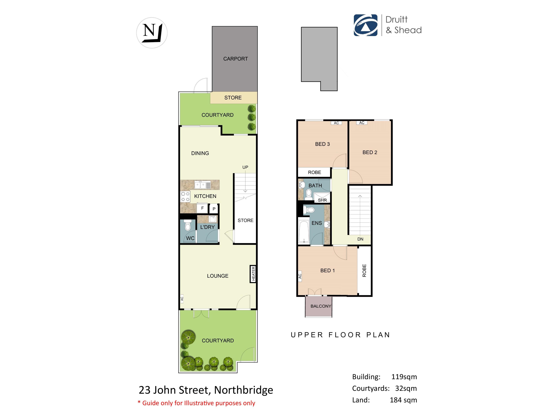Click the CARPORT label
[x=235, y=59]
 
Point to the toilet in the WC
[x=188, y=225]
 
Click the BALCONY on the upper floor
[x=318, y=306]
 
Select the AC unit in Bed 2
[x=362, y=123]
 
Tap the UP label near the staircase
[x=245, y=167]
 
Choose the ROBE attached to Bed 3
[x=314, y=172]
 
